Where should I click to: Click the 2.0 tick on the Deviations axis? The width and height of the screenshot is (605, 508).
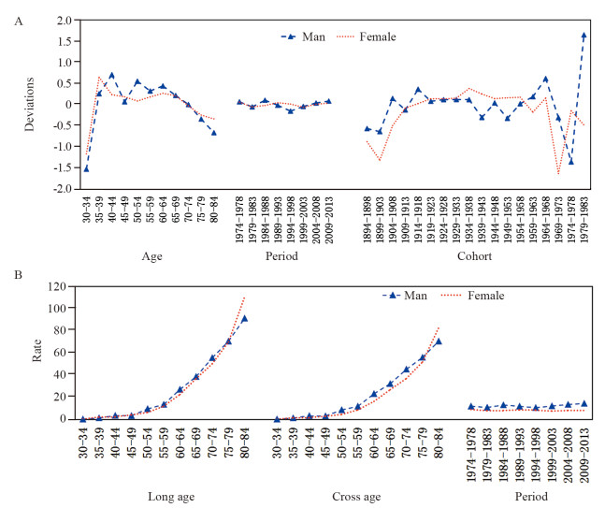(x=64, y=20)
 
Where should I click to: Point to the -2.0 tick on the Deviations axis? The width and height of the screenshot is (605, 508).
(x=62, y=188)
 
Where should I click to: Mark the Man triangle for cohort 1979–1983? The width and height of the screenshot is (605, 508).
(x=584, y=36)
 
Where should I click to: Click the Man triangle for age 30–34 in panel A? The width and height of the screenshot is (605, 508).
(x=86, y=168)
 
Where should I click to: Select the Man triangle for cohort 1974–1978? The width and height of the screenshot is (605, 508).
(x=571, y=162)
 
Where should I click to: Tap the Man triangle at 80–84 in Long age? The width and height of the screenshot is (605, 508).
(x=245, y=318)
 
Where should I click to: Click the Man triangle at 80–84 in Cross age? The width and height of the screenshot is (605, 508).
(x=438, y=341)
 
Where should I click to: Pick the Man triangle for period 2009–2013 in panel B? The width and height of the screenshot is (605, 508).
(x=585, y=404)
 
